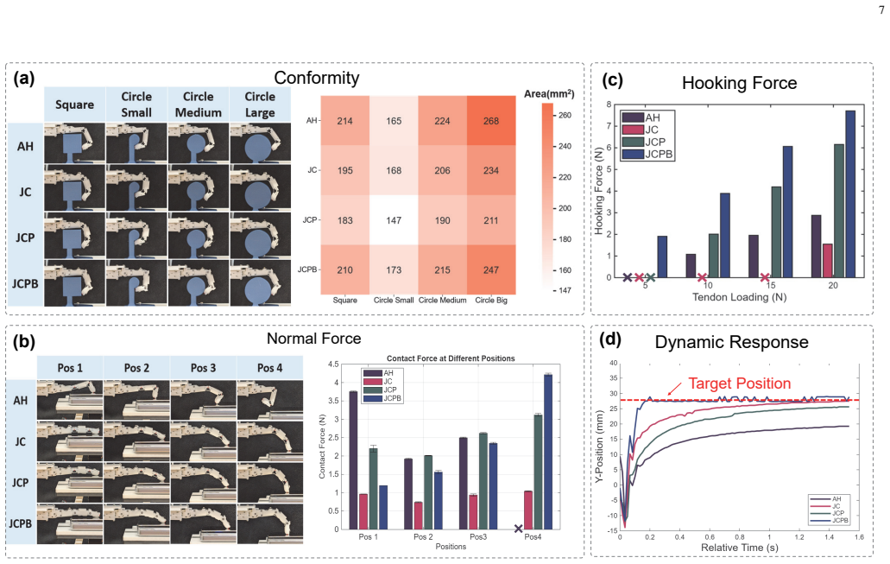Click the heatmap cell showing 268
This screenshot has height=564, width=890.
[491, 120]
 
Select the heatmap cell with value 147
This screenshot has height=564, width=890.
[394, 219]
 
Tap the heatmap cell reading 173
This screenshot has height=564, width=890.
[394, 269]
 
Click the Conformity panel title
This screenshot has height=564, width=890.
[317, 78]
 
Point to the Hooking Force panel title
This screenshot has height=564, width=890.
[739, 83]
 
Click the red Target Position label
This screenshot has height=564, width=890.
[740, 383]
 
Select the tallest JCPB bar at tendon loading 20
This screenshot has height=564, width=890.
[850, 193]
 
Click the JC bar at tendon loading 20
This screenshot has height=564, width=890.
[828, 261]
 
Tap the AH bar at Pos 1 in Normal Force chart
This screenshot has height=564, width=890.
[353, 460]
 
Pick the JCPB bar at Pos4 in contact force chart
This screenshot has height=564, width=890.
[548, 452]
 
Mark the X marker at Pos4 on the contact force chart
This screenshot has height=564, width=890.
[518, 529]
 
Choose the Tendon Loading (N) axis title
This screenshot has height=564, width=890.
[739, 297]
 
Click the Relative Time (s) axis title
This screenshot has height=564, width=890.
[740, 548]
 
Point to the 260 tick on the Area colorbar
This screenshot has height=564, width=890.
[565, 115]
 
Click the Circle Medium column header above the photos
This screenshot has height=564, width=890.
[198, 105]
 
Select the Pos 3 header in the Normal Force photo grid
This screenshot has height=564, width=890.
[203, 368]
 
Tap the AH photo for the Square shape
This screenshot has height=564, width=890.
[74, 143]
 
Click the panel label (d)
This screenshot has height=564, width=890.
[610, 339]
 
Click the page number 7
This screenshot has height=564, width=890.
[881, 10]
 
